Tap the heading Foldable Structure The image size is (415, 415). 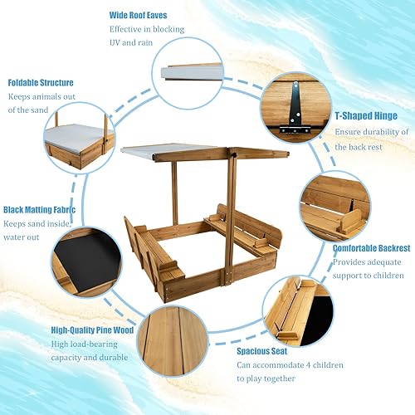pos(41,83)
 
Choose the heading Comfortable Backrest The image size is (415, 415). pos(371,247)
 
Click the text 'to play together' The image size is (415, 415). pos(266,379)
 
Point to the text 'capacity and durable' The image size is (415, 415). pos(90,358)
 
